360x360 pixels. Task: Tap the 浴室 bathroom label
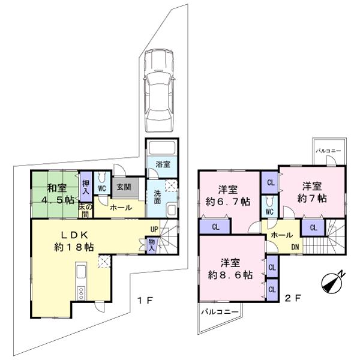161,164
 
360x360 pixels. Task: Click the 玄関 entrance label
124,187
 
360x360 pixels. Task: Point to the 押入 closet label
86,187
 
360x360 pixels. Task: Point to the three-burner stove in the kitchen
80,292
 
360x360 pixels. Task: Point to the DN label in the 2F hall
295,247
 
